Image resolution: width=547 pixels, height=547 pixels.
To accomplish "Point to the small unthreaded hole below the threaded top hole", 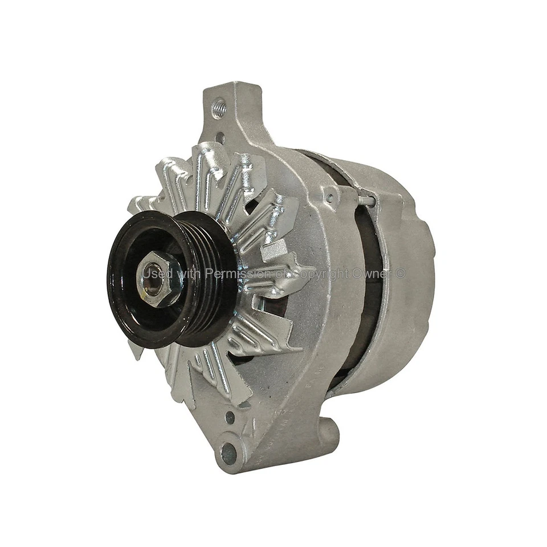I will tap(220, 137).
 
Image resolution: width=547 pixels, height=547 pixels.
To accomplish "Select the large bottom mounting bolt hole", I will tap(229, 452).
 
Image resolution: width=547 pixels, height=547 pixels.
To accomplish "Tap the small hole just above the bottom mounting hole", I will tap(230, 417).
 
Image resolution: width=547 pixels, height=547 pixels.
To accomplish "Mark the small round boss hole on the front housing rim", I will tap(329, 198).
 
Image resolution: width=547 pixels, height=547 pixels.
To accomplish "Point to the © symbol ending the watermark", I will tap(401, 273).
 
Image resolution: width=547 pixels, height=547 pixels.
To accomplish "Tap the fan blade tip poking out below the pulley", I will tap(135, 350).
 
